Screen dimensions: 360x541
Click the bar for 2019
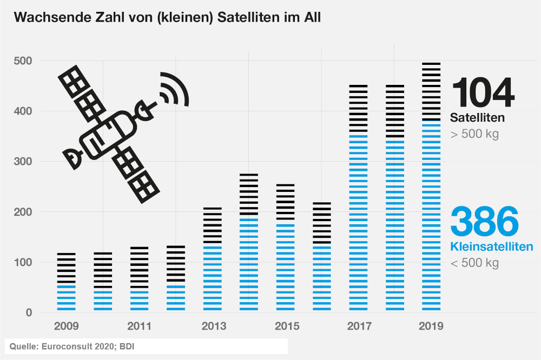pos(431,186)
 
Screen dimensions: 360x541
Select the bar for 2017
pos(358,198)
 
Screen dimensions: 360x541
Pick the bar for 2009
pos(67,282)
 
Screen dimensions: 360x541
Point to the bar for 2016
pos(322,257)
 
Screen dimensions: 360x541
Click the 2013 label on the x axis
pos(213,326)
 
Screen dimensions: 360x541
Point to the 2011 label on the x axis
pos(140,326)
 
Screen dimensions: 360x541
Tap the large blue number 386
pos(484,221)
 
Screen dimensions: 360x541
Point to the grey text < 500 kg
pos(474,263)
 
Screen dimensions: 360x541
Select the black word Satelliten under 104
pos(477,117)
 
